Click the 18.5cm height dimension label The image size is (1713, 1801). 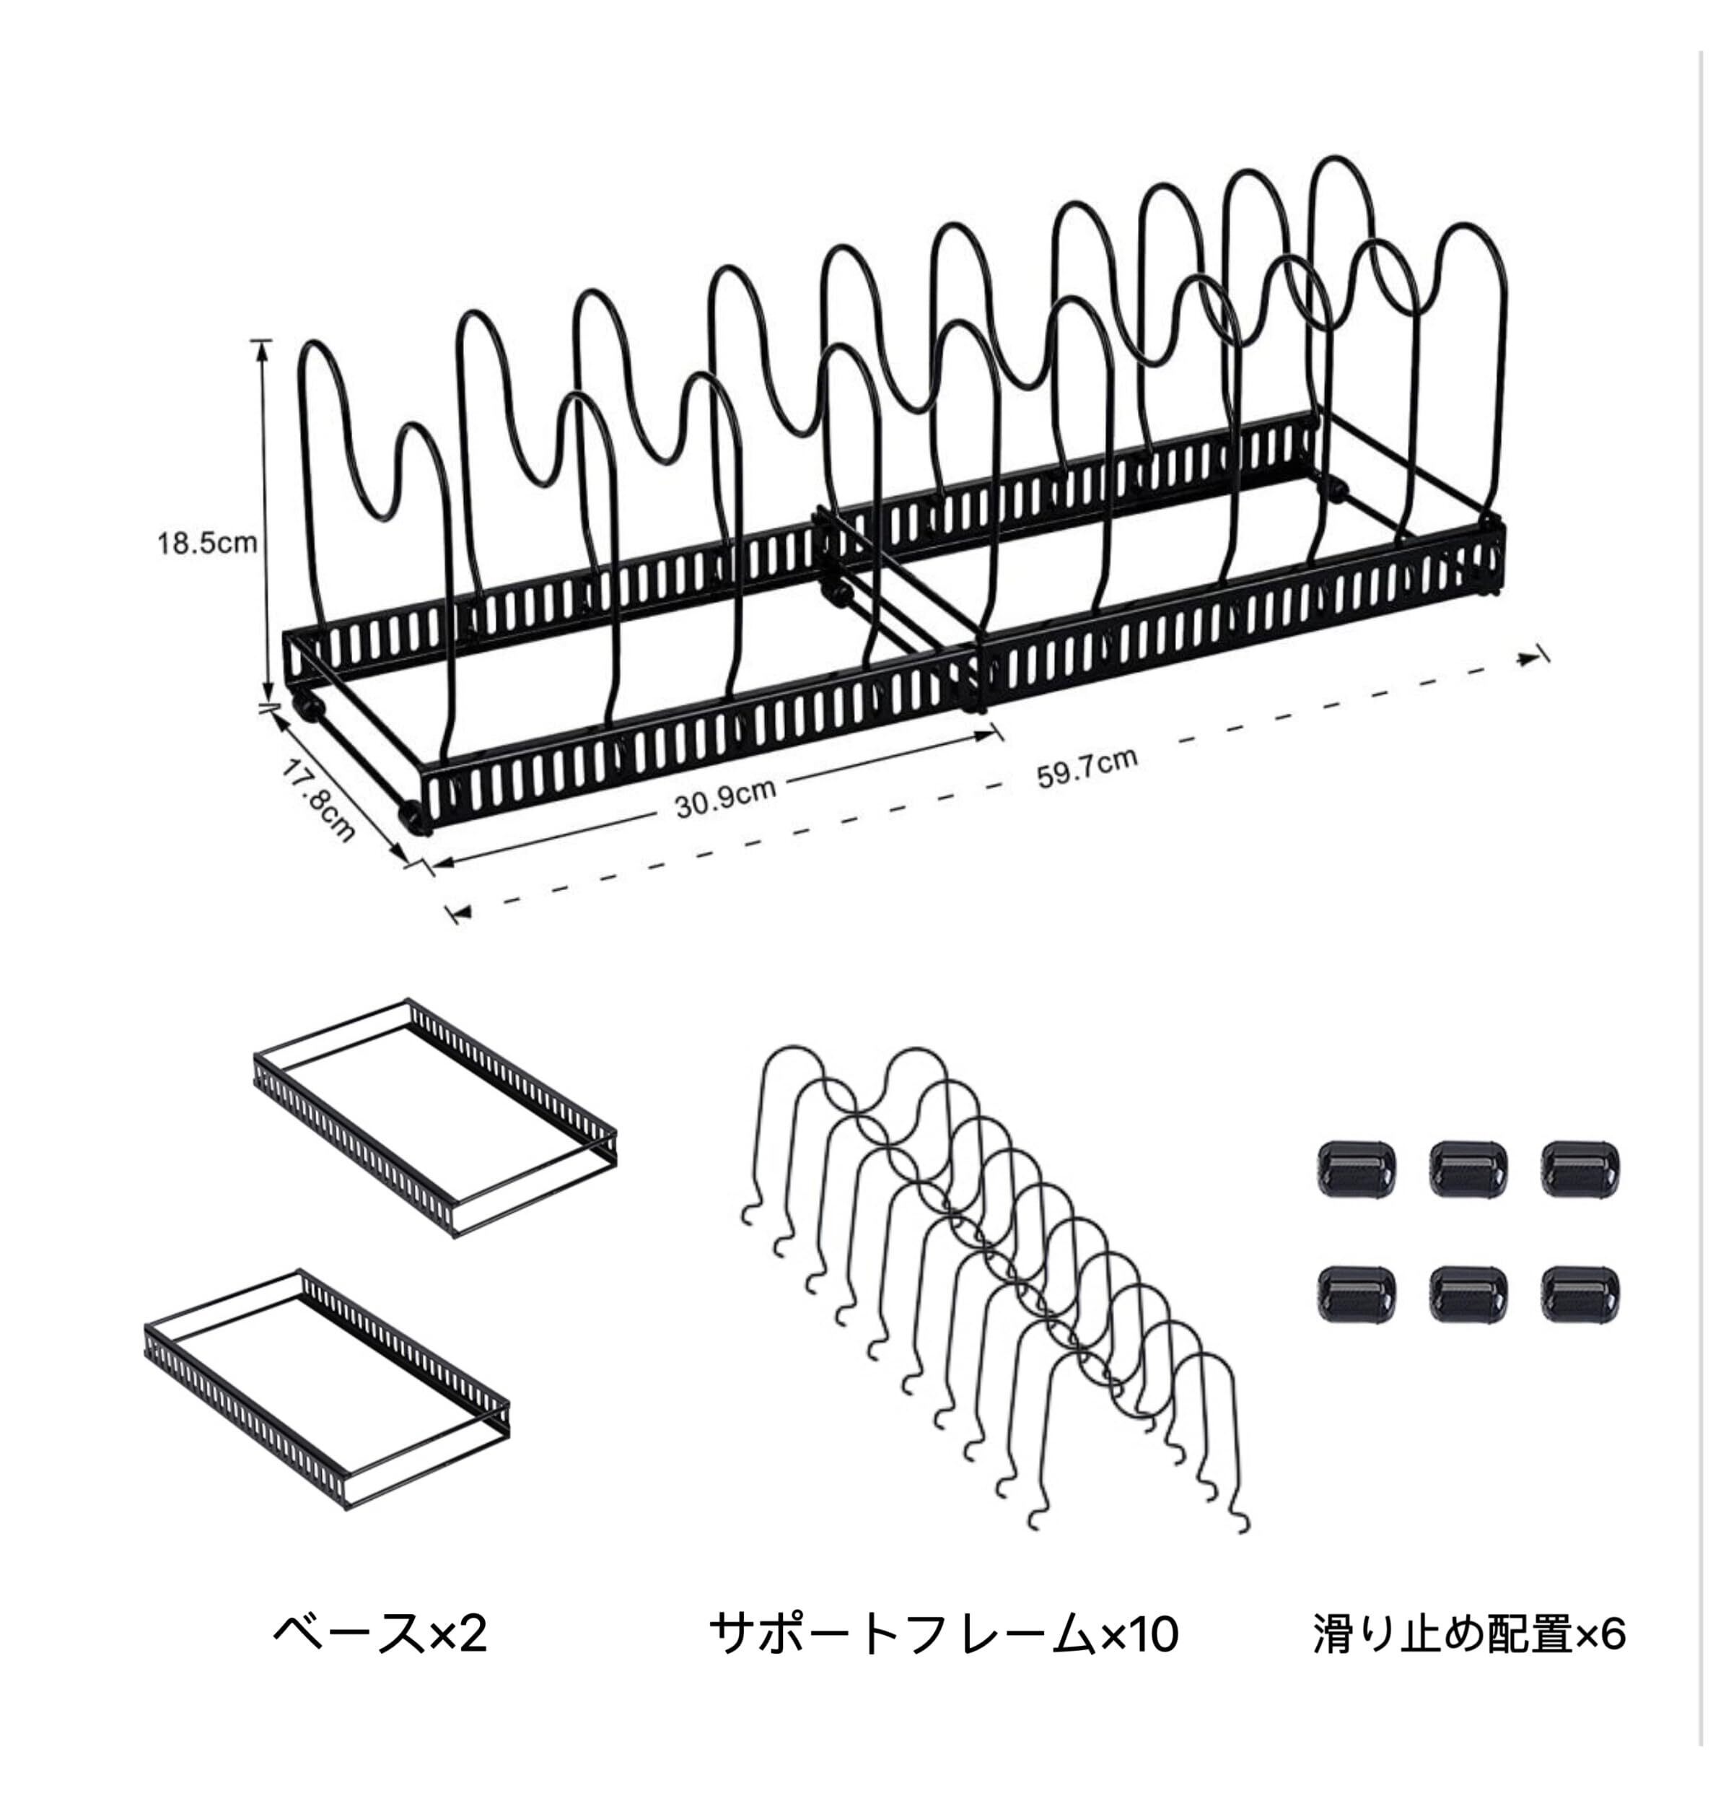click(207, 544)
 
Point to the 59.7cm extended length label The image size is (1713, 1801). click(1087, 768)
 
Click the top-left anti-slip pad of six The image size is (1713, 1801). click(1356, 1169)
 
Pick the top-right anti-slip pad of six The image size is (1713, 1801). click(1581, 1169)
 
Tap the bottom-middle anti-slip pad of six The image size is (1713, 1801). click(1468, 1294)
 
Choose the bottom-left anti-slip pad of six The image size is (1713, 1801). click(1356, 1294)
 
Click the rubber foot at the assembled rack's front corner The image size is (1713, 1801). click(416, 816)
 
